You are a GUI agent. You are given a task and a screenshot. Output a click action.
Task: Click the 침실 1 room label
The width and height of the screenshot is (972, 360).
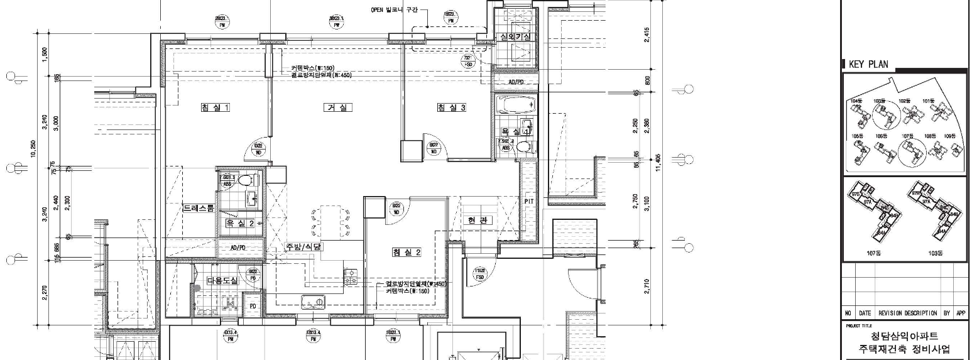coord(215,107)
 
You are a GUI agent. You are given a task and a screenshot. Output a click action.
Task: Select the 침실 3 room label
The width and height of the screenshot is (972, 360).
coord(451,107)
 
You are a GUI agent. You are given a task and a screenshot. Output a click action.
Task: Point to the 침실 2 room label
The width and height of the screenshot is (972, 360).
coord(406,252)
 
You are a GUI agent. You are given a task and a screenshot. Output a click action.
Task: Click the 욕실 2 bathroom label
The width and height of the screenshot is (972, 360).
coord(240,223)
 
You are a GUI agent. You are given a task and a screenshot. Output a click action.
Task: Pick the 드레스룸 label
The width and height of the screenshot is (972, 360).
coord(199,207)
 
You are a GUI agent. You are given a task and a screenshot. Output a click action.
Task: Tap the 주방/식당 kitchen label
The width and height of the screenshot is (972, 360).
coord(304,247)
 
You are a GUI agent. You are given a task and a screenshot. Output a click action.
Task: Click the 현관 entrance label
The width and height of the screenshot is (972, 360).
coord(478,221)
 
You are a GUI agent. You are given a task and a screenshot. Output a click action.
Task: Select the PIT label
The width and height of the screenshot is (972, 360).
coord(529,201)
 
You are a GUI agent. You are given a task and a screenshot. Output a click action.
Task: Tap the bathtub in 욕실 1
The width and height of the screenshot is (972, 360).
coord(515,103)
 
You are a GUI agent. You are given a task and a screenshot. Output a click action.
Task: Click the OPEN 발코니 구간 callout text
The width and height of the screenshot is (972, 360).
coord(394,10)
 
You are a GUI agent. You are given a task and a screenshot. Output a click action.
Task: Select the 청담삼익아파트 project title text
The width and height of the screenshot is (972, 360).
coord(904,337)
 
